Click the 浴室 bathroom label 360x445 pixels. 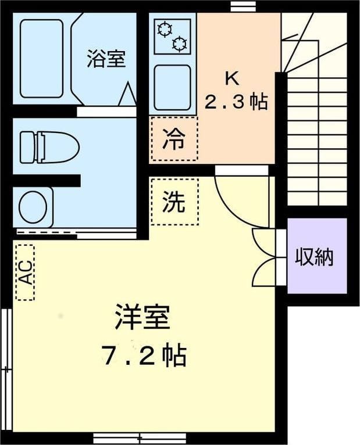[106, 59]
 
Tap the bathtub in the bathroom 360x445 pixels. [41, 59]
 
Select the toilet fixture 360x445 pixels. [49, 148]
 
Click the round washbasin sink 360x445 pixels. [33, 207]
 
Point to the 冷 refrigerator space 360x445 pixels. [174, 139]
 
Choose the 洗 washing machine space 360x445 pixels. [174, 201]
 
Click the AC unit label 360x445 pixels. [25, 272]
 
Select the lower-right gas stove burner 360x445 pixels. [180, 44]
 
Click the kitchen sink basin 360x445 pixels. [172, 87]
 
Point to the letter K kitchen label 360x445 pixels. [232, 78]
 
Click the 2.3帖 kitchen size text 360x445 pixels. [236, 102]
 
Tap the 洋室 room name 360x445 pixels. [142, 317]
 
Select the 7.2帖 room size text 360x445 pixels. [144, 354]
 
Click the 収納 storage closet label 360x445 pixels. [314, 257]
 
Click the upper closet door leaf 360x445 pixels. [263, 243]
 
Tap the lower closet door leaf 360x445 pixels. [263, 273]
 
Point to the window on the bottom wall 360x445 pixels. [140, 438]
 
